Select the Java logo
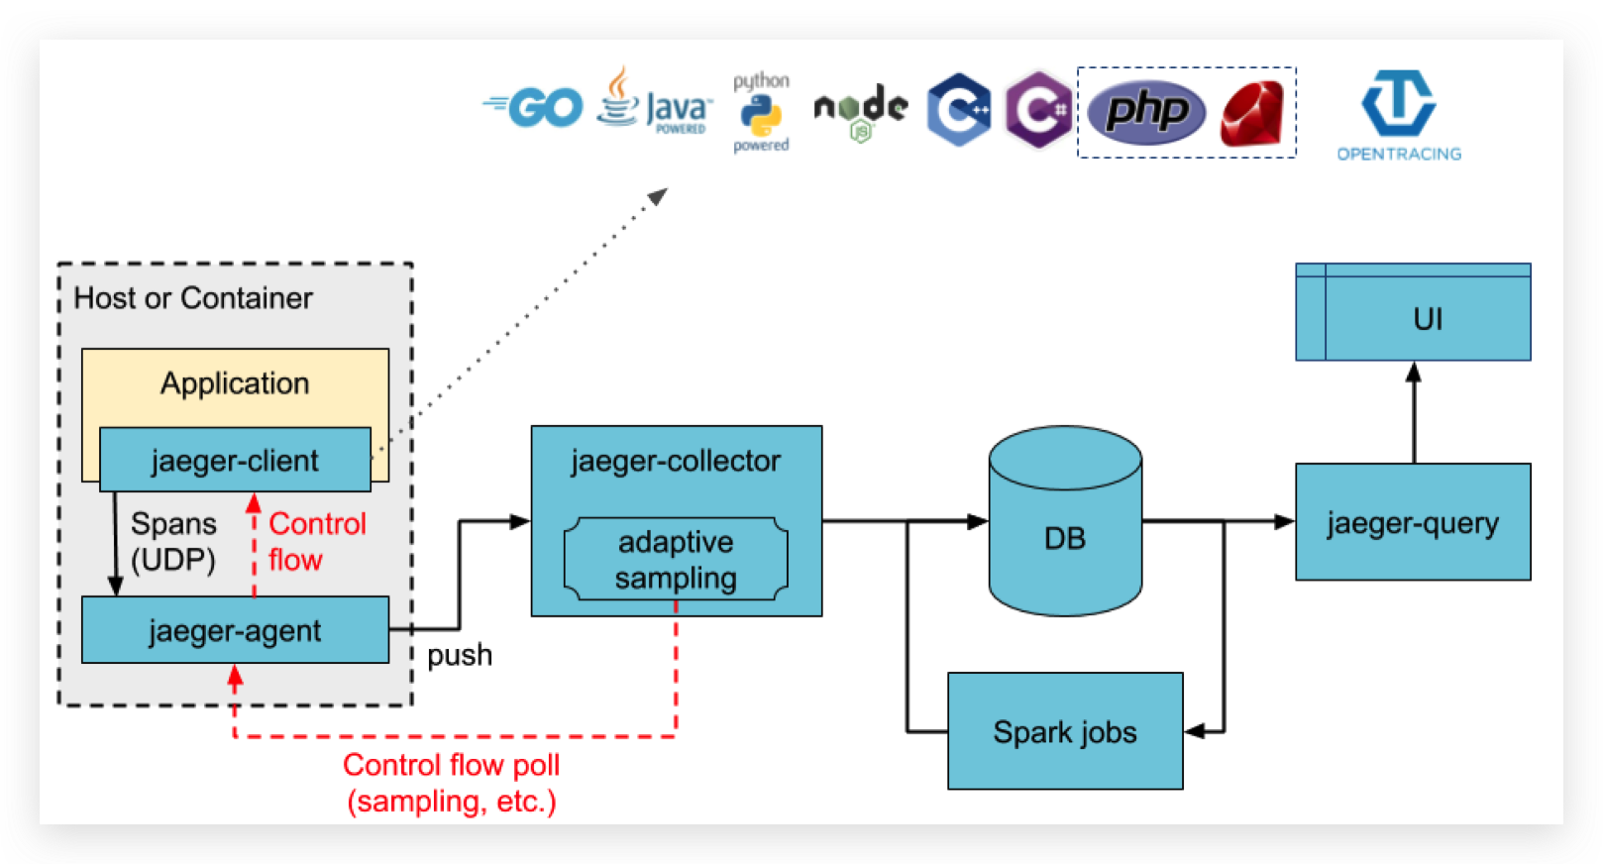pyautogui.click(x=654, y=102)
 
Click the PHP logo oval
pyautogui.click(x=1146, y=111)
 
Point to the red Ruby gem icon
pyautogui.click(x=1252, y=114)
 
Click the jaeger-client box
pyautogui.click(x=235, y=460)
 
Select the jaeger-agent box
pyautogui.click(x=235, y=630)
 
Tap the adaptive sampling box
pyautogui.click(x=676, y=560)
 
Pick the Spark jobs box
pyautogui.click(x=1065, y=731)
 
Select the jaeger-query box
pyautogui.click(x=1413, y=522)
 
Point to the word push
pyautogui.click(x=460, y=655)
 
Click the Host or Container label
pyautogui.click(x=193, y=298)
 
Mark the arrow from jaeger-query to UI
pyautogui.click(x=1414, y=412)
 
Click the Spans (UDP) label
pyautogui.click(x=173, y=542)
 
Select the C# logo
pyautogui.click(x=1038, y=109)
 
